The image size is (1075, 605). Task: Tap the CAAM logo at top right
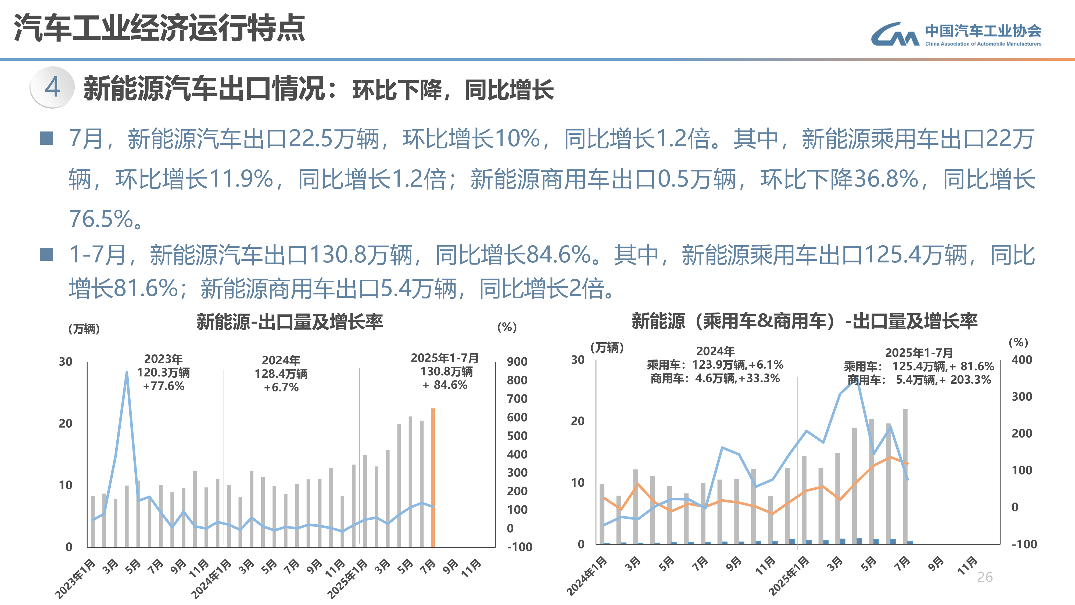tap(956, 35)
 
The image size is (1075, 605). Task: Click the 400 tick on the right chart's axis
tap(1022, 360)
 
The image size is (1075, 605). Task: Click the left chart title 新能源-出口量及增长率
tap(290, 322)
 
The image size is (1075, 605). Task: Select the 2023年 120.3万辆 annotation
tap(164, 372)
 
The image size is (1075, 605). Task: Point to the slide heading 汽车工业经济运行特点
tap(159, 29)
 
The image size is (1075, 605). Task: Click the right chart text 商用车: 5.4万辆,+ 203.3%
tap(919, 380)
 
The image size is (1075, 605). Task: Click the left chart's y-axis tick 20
tap(66, 423)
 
